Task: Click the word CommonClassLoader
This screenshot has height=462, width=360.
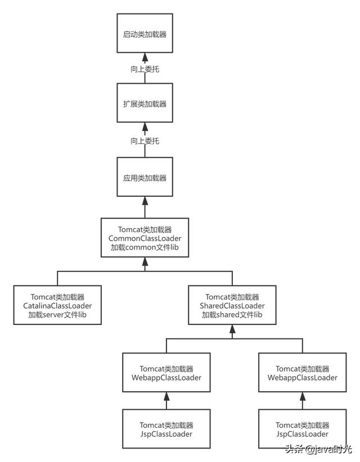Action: [x=145, y=238]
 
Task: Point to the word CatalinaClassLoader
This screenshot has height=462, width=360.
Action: [x=57, y=306]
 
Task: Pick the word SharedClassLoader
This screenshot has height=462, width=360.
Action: [x=232, y=306]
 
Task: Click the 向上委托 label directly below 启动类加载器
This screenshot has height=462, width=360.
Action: [x=145, y=69]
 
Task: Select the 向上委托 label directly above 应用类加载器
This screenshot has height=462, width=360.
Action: [x=145, y=141]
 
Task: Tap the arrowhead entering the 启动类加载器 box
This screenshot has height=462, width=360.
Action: [x=145, y=57]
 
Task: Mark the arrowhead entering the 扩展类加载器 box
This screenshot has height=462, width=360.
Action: [x=145, y=126]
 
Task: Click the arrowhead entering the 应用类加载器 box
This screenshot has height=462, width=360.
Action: [x=145, y=201]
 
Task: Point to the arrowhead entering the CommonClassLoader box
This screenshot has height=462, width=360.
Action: [x=145, y=261]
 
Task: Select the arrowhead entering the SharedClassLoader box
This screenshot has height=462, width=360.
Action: [x=232, y=329]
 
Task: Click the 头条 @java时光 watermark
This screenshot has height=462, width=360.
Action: [x=318, y=449]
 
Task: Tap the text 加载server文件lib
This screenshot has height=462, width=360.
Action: [x=57, y=315]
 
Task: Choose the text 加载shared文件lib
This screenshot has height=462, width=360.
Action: [x=232, y=315]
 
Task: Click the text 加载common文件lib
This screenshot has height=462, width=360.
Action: [x=145, y=247]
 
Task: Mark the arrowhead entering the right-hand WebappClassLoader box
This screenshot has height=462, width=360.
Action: [x=303, y=396]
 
